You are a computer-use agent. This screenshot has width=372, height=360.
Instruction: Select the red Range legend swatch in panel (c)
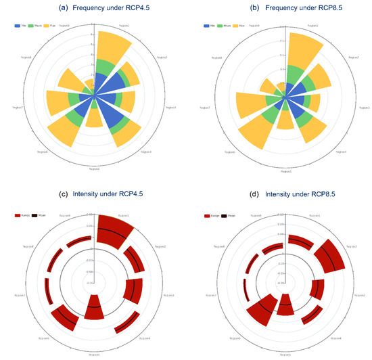(x=18, y=215)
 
